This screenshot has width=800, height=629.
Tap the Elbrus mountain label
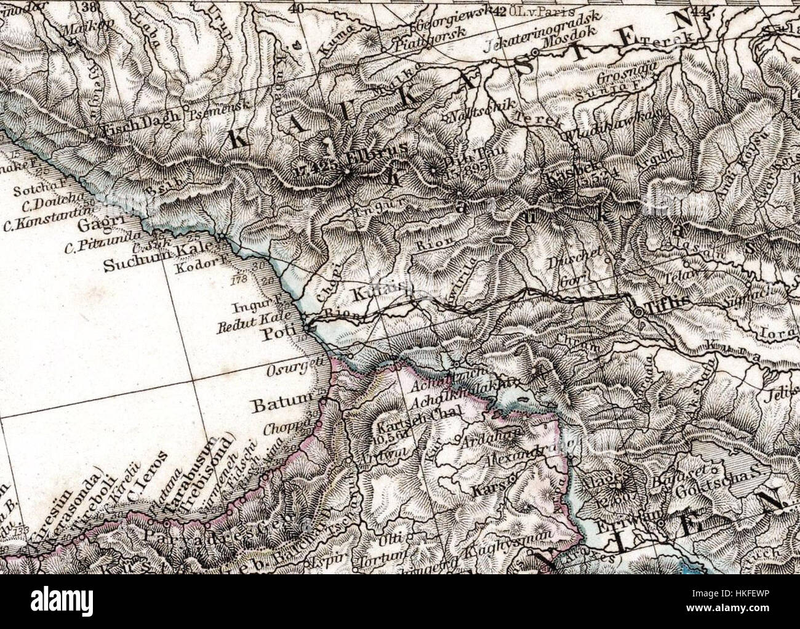tap(367, 158)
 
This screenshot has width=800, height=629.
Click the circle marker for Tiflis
tap(640, 313)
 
